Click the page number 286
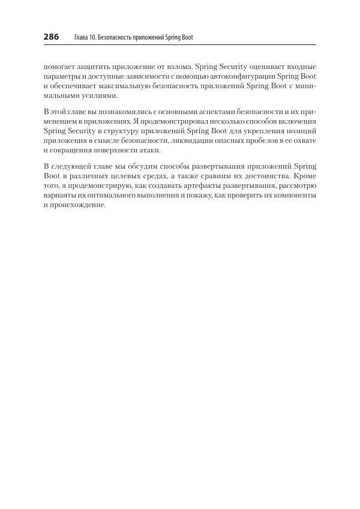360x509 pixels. [x=51, y=37]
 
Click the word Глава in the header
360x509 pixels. [x=80, y=37]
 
